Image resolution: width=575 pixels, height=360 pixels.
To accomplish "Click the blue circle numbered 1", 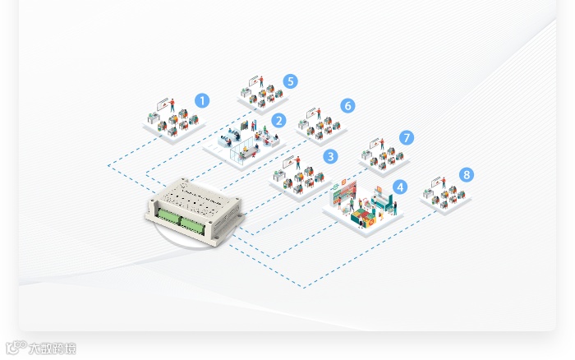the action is (x=202, y=101).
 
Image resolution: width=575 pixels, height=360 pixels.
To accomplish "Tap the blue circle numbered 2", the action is (x=278, y=121).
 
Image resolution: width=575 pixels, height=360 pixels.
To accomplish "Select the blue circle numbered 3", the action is (x=330, y=155).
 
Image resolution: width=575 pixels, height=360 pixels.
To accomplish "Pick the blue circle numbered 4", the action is (x=400, y=187).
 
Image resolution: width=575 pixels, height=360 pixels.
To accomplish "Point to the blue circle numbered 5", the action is (x=290, y=81).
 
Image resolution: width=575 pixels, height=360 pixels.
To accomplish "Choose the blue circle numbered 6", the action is (x=347, y=105).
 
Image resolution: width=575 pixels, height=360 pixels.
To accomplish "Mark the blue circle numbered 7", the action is (x=407, y=137).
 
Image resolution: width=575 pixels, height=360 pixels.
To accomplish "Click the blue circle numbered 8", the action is (x=467, y=174).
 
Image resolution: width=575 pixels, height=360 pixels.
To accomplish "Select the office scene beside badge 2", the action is (x=244, y=141).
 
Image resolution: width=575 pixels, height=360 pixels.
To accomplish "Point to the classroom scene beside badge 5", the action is (x=261, y=94).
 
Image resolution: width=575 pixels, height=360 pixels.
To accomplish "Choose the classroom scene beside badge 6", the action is (x=320, y=124).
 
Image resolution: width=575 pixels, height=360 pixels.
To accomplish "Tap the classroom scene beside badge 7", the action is (x=382, y=154).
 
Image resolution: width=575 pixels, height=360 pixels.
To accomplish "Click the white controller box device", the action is (x=195, y=207).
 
